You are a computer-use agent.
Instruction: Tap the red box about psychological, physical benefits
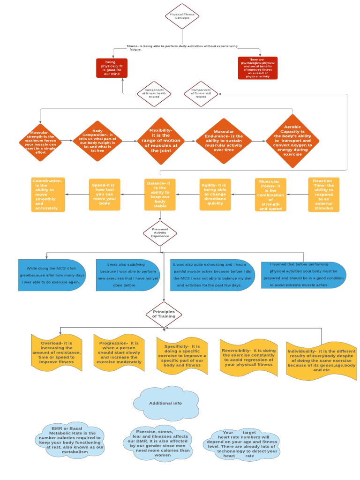tap(258, 68)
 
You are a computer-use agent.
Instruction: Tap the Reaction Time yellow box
tap(323, 194)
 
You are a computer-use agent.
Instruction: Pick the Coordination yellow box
tap(47, 194)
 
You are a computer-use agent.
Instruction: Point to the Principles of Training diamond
tap(164, 315)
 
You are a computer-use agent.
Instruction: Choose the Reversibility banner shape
tap(249, 358)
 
